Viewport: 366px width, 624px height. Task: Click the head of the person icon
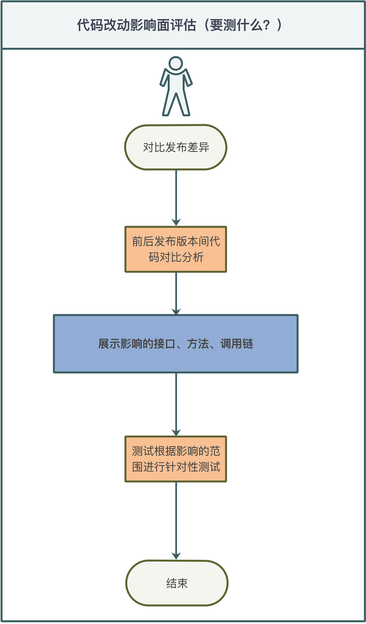tap(175, 64)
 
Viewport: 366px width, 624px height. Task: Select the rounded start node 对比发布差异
tap(176, 147)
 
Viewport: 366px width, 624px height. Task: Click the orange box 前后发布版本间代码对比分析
tap(176, 249)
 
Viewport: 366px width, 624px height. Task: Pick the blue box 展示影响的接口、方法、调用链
tap(175, 344)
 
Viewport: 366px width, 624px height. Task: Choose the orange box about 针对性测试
tap(176, 459)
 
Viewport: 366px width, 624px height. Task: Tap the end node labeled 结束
tap(176, 583)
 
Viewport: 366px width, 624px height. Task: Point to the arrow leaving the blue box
tap(176, 405)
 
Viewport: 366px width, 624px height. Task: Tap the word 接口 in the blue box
tap(159, 344)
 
